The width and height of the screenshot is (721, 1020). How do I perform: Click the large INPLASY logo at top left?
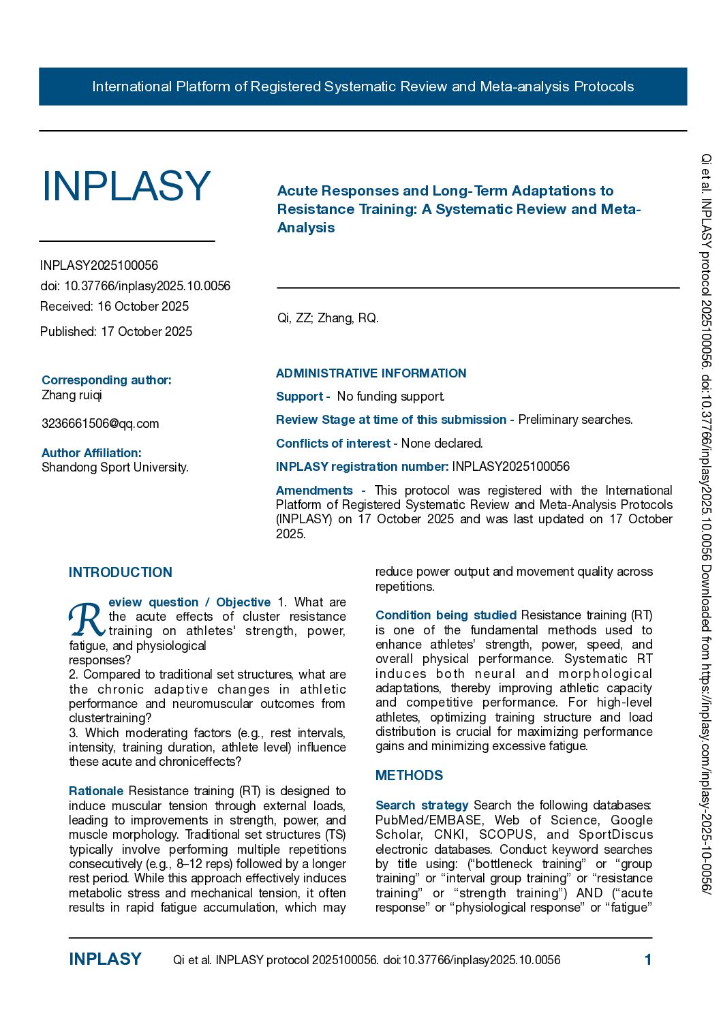(x=126, y=186)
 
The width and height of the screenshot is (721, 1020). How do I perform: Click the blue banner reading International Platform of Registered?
(x=363, y=87)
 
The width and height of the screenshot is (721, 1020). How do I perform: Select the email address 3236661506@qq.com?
(x=100, y=424)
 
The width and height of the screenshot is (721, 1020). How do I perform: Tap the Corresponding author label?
(x=106, y=380)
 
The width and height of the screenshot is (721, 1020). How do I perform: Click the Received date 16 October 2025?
(x=114, y=307)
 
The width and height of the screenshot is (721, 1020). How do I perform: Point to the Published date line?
(x=116, y=332)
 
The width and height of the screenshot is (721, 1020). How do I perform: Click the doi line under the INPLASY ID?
(x=135, y=286)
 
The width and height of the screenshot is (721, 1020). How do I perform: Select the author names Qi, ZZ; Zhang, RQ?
(x=328, y=318)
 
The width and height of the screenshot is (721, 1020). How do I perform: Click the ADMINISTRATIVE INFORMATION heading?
(x=371, y=373)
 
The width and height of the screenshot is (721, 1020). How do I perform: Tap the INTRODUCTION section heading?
(x=121, y=572)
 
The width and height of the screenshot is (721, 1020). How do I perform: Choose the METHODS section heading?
(x=409, y=775)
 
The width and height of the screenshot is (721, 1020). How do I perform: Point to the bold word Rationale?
(x=96, y=791)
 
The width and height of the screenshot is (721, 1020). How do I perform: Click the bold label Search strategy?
(x=422, y=805)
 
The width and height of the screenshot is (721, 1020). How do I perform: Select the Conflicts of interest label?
(x=333, y=444)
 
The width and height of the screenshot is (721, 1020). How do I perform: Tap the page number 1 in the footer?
(x=647, y=960)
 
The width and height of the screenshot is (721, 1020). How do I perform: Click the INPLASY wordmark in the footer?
(x=105, y=959)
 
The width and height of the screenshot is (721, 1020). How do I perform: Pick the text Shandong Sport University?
(x=114, y=467)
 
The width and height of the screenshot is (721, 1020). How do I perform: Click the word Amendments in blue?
(x=314, y=491)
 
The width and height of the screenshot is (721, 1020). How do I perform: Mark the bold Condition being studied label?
(x=446, y=615)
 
